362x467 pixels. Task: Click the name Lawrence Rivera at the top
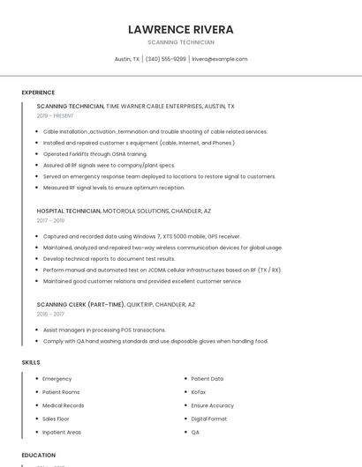(180, 29)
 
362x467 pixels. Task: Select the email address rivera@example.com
(220, 59)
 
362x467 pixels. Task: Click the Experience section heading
(38, 93)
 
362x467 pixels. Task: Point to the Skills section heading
(31, 362)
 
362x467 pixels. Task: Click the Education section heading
(39, 456)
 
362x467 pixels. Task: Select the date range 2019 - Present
(56, 115)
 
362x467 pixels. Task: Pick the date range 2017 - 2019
(50, 221)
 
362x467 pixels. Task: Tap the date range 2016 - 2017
(50, 314)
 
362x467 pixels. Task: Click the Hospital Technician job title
(69, 211)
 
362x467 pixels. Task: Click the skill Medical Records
(64, 405)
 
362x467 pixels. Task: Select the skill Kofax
(199, 392)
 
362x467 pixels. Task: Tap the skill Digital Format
(209, 419)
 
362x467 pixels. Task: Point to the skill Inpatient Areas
(62, 432)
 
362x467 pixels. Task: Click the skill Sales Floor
(56, 419)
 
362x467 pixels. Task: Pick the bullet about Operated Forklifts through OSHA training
(95, 153)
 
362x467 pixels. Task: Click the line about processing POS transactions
(104, 330)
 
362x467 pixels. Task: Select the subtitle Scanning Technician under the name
(180, 41)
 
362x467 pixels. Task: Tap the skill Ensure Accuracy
(213, 405)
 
